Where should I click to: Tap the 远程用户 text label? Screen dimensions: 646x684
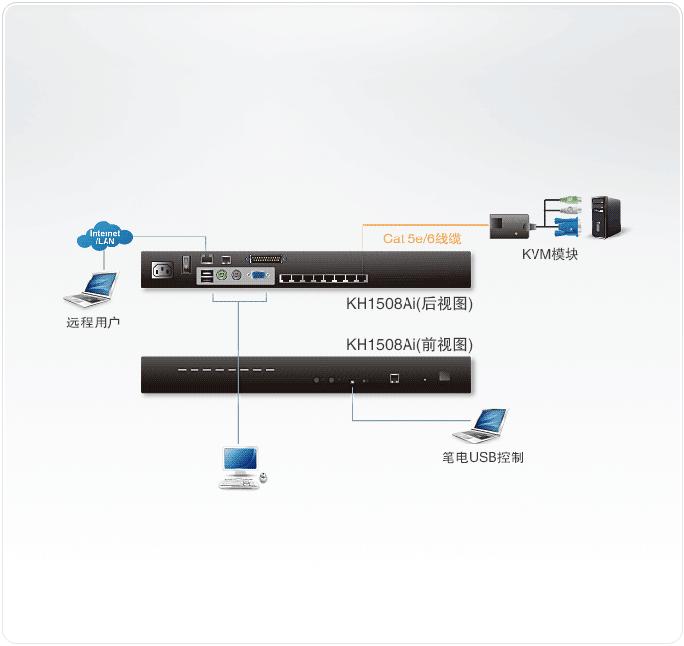(x=95, y=322)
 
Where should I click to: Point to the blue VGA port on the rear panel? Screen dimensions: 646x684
(x=260, y=276)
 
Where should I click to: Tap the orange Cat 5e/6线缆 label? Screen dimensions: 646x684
(x=422, y=238)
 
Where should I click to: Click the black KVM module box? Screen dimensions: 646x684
(x=507, y=226)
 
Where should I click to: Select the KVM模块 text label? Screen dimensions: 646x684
(x=549, y=255)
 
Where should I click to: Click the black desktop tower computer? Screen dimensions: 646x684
(x=606, y=218)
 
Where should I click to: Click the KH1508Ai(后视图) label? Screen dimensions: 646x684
(x=409, y=304)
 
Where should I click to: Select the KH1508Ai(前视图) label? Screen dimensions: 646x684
(x=409, y=344)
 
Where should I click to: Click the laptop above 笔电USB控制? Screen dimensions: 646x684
(x=482, y=425)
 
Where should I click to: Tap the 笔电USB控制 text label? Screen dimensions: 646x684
(x=483, y=457)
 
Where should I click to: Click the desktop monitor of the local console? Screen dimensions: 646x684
(x=240, y=460)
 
